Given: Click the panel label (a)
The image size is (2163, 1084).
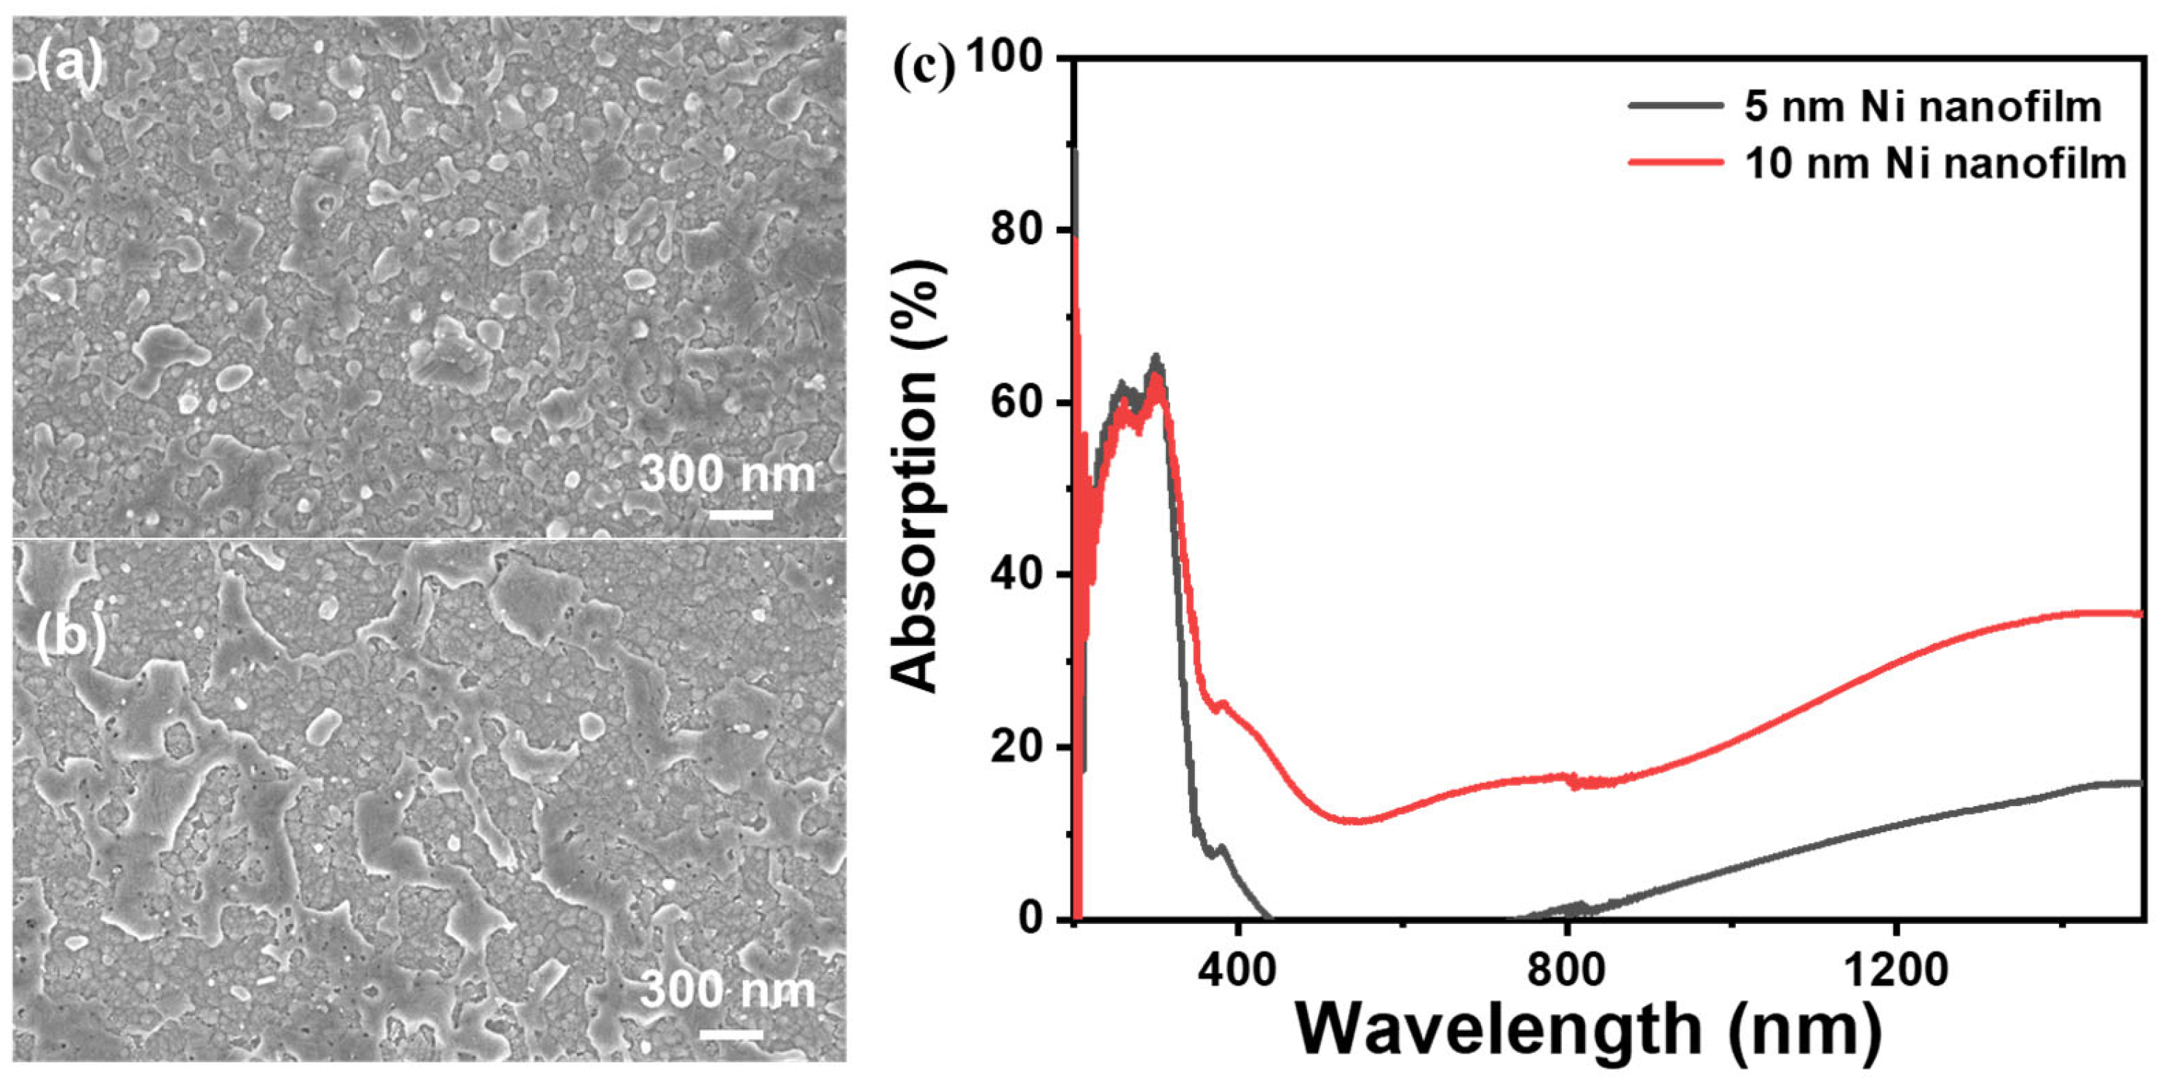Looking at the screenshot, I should (69, 65).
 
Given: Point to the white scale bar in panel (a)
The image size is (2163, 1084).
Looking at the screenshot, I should (741, 514).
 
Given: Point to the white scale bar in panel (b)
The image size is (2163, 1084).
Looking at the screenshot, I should (731, 1035).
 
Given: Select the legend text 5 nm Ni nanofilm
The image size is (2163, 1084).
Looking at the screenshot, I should (1922, 108).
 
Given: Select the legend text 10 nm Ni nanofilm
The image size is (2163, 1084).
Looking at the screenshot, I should (1934, 163).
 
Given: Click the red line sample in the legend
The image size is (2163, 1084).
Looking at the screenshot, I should (1675, 162).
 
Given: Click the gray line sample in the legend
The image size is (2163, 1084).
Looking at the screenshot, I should (1675, 107).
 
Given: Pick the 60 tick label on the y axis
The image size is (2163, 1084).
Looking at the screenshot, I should (1017, 402).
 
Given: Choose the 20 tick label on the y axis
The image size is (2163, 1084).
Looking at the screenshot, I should (1017, 746).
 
